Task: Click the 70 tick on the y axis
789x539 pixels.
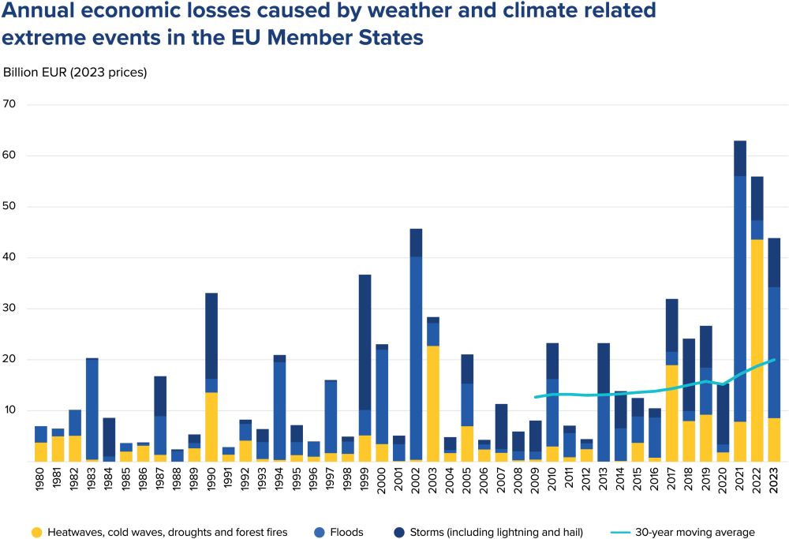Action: point(9,105)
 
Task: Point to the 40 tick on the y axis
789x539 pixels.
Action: point(9,257)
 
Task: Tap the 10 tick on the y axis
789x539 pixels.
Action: point(9,410)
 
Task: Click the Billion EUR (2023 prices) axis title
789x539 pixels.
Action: point(75,72)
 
